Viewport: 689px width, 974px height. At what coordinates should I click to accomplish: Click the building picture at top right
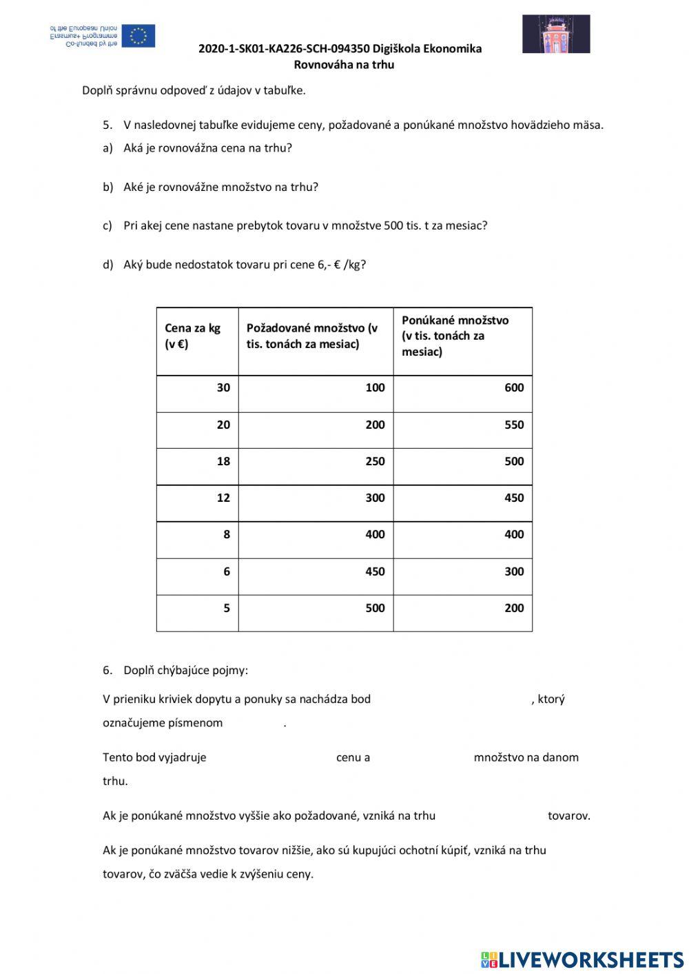[555, 34]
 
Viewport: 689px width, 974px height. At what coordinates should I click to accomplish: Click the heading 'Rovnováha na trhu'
[344, 65]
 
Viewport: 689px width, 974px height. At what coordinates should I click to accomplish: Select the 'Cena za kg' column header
[192, 336]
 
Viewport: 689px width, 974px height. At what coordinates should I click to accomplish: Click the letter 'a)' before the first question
[107, 148]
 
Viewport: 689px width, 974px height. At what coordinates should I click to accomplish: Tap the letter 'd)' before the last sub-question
[107, 265]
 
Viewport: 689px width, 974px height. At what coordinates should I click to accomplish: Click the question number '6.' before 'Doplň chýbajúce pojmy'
[107, 670]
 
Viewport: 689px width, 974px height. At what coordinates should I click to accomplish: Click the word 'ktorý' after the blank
[551, 699]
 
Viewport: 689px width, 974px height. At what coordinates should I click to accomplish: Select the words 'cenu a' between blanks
[353, 758]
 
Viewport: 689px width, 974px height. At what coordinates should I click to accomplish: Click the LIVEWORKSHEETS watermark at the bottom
[582, 959]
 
